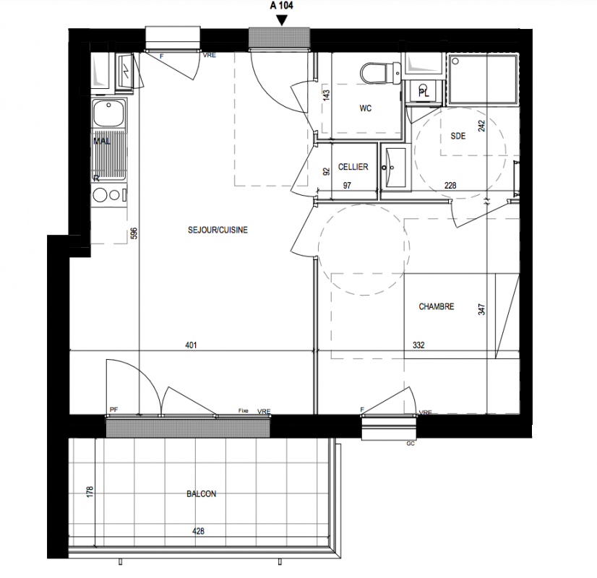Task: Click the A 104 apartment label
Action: click(281, 6)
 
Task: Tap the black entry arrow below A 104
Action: click(282, 20)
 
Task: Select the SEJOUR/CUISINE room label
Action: click(218, 230)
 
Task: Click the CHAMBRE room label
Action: click(437, 306)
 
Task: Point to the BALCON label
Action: click(202, 494)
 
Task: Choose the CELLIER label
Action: click(353, 167)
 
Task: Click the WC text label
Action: click(366, 108)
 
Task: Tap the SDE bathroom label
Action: click(458, 136)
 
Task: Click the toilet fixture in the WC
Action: click(380, 73)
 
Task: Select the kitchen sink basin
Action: click(109, 113)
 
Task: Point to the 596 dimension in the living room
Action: click(134, 233)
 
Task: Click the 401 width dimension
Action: click(191, 345)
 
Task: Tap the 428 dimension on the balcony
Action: click(198, 531)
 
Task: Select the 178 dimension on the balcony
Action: click(90, 491)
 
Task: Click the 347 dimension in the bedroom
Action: click(481, 309)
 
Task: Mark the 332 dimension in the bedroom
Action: click(418, 345)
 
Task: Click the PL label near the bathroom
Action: click(424, 92)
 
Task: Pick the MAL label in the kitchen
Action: click(102, 141)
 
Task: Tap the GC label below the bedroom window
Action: click(411, 444)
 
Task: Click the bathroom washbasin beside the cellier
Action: click(395, 168)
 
